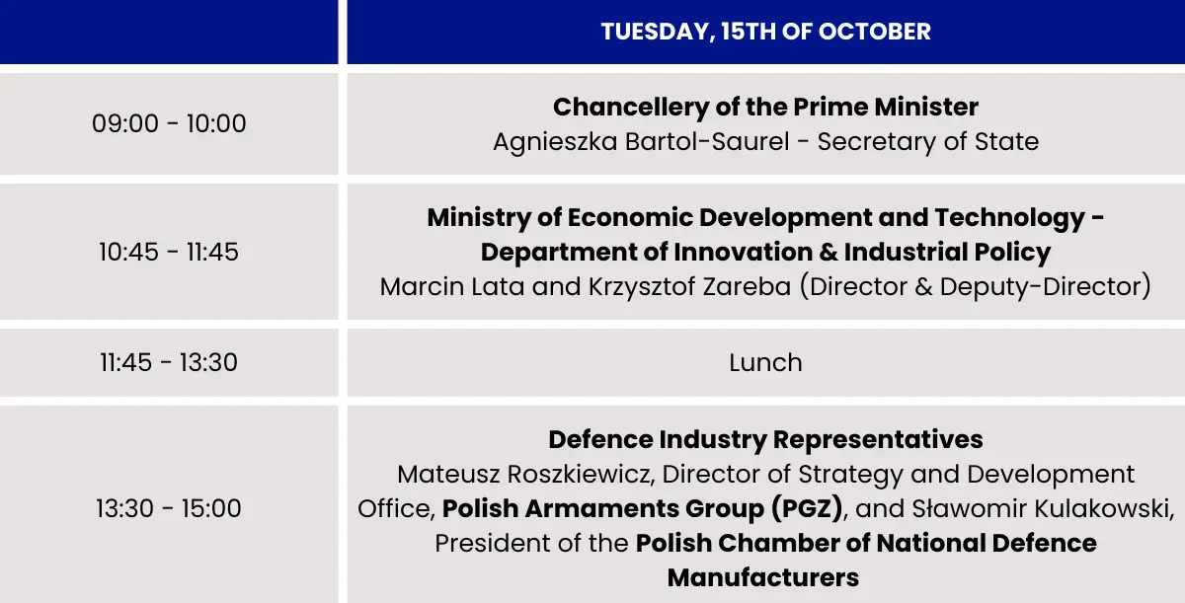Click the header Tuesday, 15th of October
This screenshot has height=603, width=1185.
765,32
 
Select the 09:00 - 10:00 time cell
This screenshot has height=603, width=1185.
169,123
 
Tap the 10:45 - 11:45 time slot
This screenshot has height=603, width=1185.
169,252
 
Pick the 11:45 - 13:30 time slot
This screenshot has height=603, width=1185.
169,362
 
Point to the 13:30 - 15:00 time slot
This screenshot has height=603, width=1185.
169,508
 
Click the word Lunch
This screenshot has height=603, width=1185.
765,362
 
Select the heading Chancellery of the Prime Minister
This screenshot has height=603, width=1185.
765,108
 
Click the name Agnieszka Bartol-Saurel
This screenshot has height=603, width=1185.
641,142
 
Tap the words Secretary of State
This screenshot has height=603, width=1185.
928,142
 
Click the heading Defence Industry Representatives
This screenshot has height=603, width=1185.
765,440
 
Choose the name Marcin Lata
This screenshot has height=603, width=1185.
452,286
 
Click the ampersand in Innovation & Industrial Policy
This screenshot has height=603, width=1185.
828,252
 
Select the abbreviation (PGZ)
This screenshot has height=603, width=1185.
807,509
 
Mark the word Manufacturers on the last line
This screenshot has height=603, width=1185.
762,577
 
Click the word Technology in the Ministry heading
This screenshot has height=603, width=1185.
1010,218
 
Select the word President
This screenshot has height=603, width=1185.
491,543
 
